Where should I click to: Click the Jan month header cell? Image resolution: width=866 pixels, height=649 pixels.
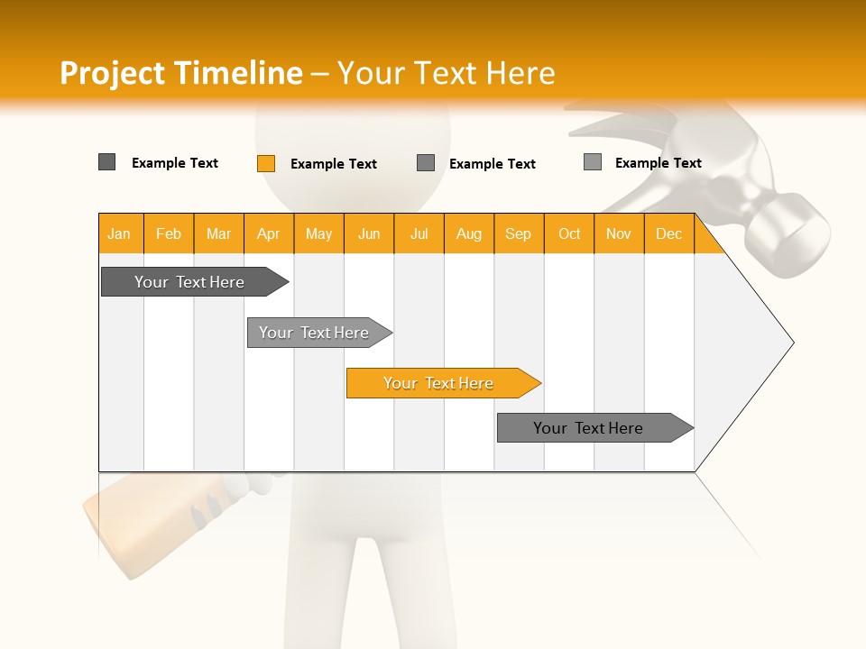click(120, 233)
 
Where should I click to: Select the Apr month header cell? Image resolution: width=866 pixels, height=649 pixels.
click(269, 233)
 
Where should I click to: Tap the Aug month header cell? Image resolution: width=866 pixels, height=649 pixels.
click(469, 233)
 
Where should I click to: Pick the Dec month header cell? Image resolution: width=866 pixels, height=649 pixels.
click(669, 233)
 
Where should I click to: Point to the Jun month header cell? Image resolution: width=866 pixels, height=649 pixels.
click(369, 233)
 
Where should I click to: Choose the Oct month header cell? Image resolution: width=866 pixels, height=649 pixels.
click(569, 233)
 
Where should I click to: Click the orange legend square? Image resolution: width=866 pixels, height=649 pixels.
click(265, 163)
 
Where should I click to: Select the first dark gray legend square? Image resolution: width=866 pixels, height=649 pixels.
click(106, 162)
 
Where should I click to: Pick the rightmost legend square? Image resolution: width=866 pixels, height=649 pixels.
click(592, 162)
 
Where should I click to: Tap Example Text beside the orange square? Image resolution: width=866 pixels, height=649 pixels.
click(334, 164)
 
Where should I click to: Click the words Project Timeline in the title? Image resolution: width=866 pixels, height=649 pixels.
click(180, 73)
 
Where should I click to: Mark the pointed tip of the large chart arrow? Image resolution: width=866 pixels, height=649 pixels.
click(792, 343)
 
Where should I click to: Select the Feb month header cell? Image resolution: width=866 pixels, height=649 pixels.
click(169, 233)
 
